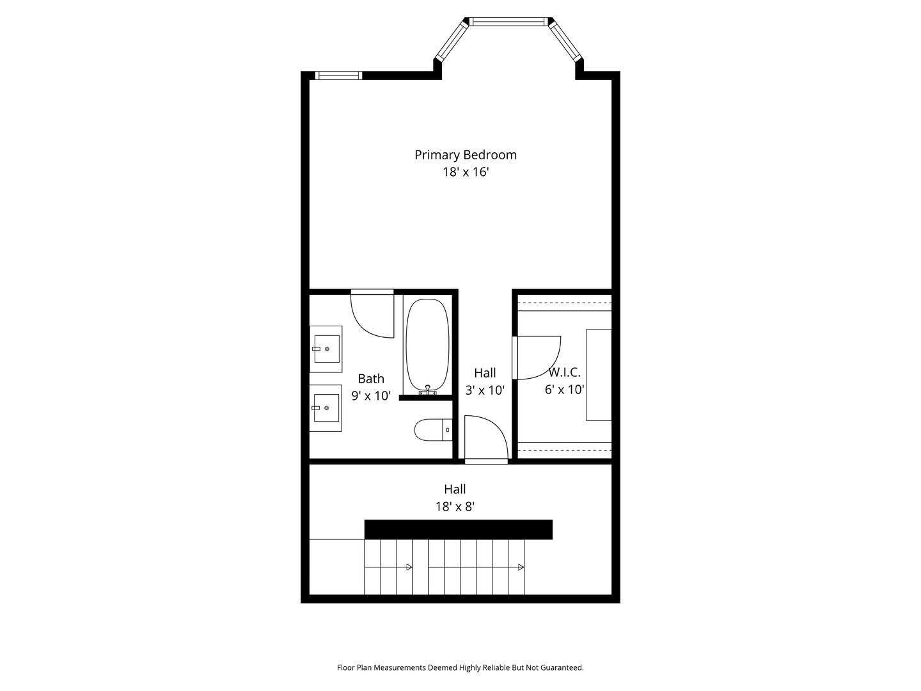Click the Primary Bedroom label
click(466, 155)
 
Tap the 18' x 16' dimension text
click(466, 172)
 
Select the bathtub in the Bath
click(427, 345)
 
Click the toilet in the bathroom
click(434, 430)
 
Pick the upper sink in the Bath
click(326, 349)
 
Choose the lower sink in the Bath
click(326, 408)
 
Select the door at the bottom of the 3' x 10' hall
click(486, 438)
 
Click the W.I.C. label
click(564, 372)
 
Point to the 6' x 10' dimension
click(564, 390)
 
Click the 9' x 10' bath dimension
click(371, 395)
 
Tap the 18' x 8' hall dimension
click(455, 507)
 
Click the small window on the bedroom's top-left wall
click(338, 75)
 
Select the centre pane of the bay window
click(508, 22)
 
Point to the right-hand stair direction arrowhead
click(521, 568)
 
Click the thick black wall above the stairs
click(458, 530)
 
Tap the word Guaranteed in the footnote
click(562, 667)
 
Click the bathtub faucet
click(428, 390)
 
